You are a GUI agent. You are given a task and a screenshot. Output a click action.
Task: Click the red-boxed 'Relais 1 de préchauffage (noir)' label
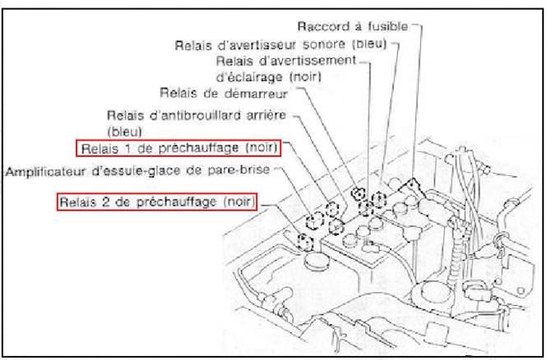178,149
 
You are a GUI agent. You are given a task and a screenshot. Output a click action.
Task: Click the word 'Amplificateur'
44,172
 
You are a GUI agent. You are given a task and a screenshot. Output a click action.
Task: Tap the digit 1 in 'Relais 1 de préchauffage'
125,149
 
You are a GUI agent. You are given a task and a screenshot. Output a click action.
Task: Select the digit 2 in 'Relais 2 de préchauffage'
104,201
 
